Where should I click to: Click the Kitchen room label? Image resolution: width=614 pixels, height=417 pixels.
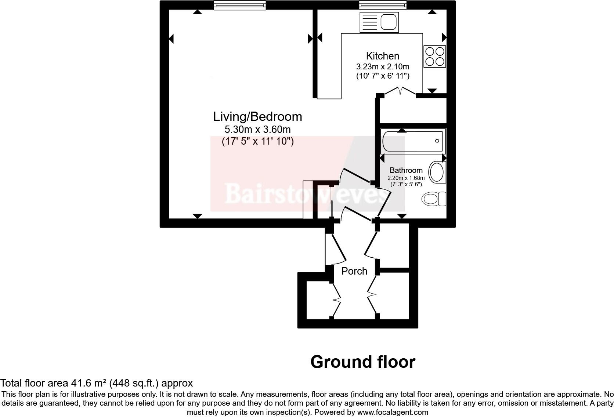coord(382,56)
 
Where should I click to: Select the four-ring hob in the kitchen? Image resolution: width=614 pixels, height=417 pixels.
coord(435,56)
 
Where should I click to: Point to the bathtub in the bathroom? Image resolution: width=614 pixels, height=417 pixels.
coord(413,141)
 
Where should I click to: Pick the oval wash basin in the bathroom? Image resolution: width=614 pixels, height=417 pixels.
coord(437,173)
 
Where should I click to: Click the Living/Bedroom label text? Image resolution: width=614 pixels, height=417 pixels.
coord(257,117)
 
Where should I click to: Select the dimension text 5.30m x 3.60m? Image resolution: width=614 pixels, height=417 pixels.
coord(257,130)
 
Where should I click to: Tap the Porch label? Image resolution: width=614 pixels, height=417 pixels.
coord(354,271)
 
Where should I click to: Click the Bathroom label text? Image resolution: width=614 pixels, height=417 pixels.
coord(406,170)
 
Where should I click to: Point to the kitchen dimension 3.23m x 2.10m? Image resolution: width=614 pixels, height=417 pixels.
coord(382,67)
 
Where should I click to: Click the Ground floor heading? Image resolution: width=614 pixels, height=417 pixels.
coord(362,362)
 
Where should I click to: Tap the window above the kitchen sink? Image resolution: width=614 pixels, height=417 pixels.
coord(383,5)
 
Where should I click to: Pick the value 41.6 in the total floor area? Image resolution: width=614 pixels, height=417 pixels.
coord(79,383)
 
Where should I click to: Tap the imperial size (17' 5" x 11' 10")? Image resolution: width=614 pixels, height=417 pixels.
coord(257,141)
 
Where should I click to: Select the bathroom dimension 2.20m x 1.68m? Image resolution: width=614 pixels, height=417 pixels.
coord(406,178)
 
